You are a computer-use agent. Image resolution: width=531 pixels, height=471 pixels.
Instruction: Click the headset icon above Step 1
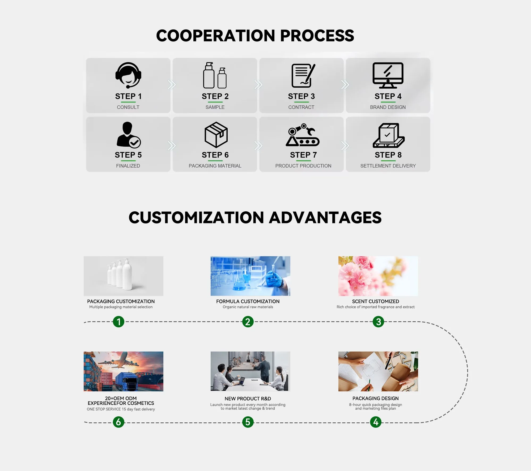click(128, 75)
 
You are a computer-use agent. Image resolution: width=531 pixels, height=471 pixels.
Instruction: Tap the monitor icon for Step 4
click(388, 75)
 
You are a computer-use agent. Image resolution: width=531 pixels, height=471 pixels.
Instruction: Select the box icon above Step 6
click(216, 135)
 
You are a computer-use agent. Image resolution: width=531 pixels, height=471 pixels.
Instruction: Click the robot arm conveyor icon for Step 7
click(303, 135)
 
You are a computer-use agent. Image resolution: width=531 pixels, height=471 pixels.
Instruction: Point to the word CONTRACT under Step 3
click(301, 107)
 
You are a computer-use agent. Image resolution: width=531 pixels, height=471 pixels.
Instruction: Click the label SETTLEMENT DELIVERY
click(388, 166)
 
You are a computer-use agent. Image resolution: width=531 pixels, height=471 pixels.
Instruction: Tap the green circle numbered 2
click(248, 322)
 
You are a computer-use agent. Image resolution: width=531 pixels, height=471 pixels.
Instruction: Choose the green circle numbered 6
click(118, 422)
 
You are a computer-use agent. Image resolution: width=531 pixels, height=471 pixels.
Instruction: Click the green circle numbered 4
click(376, 422)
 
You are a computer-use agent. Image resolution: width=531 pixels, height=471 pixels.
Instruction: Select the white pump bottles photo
click(124, 276)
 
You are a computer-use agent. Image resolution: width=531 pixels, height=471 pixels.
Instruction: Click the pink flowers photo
click(378, 276)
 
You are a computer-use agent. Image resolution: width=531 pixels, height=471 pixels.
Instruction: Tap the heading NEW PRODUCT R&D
click(248, 399)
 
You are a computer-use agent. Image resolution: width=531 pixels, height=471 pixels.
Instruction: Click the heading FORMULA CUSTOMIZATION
click(248, 301)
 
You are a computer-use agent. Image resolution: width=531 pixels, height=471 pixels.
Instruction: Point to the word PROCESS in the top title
click(317, 36)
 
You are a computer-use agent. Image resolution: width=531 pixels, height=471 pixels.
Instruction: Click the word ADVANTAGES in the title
click(325, 217)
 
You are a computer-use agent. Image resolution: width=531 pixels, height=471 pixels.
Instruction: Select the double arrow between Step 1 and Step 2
click(172, 85)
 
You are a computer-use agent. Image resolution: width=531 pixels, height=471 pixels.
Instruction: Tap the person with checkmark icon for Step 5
click(129, 135)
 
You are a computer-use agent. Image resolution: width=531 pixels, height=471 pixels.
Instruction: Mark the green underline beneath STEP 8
click(388, 161)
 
